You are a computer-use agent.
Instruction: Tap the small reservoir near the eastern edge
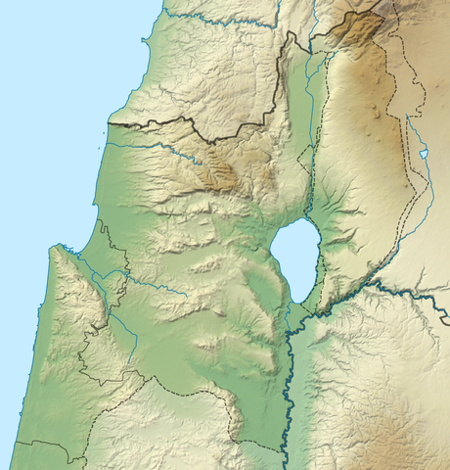[x=423, y=154]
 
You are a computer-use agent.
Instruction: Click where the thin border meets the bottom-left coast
[x=14, y=443]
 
